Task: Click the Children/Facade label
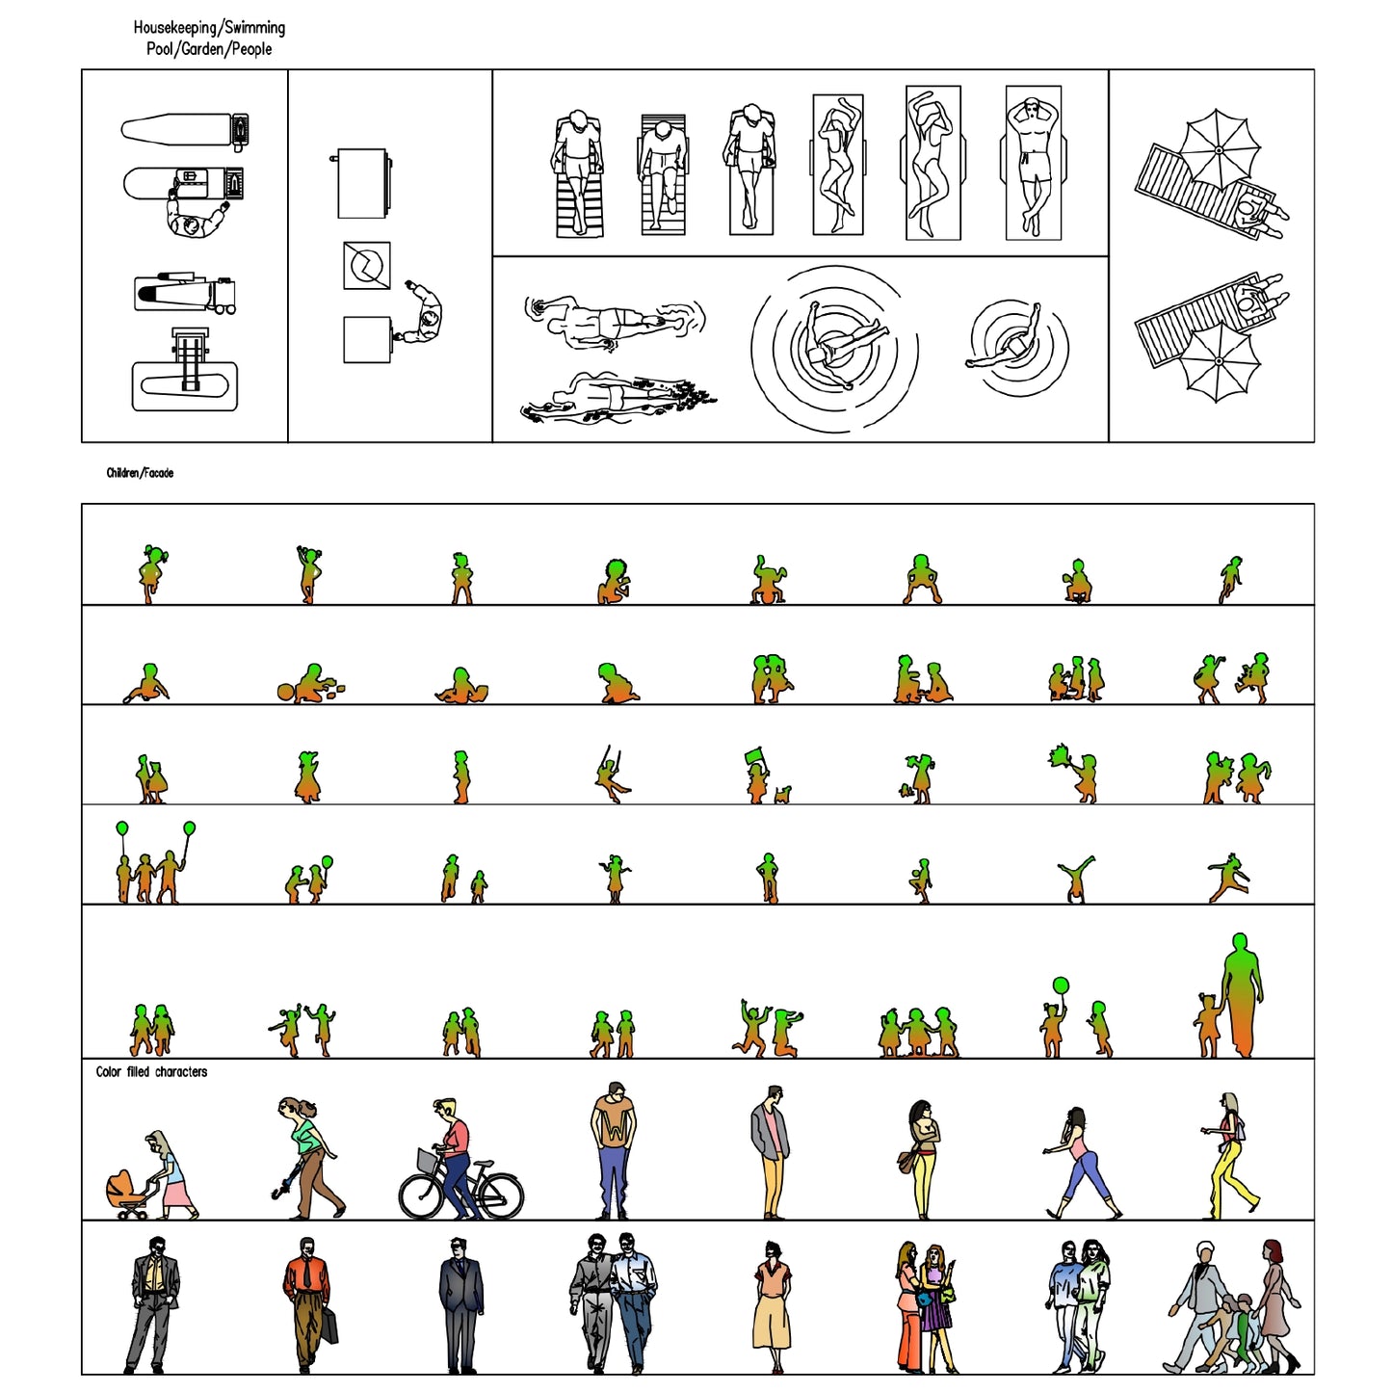[140, 473]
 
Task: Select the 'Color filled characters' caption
[151, 1071]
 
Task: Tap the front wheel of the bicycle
[422, 1195]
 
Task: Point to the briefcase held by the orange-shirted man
[328, 1326]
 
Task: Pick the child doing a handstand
[1075, 879]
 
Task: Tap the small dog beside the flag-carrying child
[782, 795]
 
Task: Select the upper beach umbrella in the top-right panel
[1219, 149]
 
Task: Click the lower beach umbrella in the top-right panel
[1219, 361]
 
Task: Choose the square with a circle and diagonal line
[367, 265]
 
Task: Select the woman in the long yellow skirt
[772, 1305]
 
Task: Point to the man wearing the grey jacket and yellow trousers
[771, 1151]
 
